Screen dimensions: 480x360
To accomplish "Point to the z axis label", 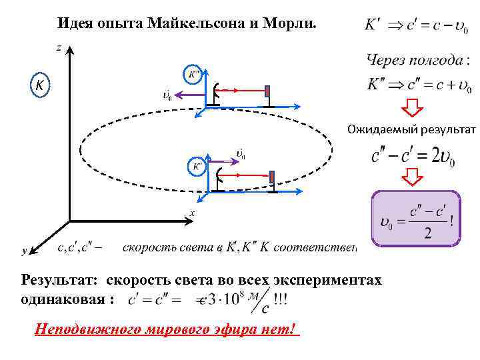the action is [59, 47].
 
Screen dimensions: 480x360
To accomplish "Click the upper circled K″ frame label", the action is [193, 74].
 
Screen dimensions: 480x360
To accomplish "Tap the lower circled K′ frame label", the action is [197, 165].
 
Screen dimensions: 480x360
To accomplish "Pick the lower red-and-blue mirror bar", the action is [272, 178].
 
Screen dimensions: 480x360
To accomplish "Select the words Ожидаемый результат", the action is [410, 129].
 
